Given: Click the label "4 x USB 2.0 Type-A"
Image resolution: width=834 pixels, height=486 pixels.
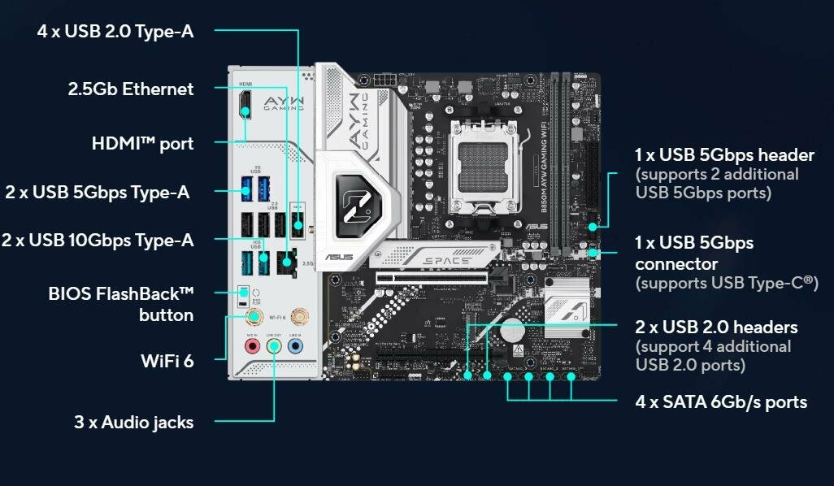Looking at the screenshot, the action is coord(115,32).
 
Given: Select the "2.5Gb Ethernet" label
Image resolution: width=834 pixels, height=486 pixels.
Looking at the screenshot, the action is coord(131,89).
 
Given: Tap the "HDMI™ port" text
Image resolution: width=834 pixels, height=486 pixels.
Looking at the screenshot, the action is coord(142,144).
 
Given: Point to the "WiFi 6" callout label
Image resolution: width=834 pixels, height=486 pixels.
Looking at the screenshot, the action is coord(167,360).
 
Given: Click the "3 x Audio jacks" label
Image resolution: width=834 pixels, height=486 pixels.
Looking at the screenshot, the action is coord(134,422).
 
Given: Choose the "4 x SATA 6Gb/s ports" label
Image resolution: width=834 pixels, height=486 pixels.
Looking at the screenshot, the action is coord(721,401).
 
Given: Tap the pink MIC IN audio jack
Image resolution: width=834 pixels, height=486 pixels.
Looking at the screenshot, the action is coord(253,346).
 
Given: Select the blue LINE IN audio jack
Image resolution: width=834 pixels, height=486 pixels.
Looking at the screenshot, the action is coord(296,346).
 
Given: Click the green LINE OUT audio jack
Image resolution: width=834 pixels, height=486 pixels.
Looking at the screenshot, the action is coord(275,346).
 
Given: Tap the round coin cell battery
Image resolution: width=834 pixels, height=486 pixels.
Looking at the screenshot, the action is coord(512,330).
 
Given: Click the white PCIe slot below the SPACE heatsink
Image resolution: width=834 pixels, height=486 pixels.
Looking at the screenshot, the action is coord(431,278).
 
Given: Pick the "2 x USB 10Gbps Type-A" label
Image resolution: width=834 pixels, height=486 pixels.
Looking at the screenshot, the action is coord(98,240).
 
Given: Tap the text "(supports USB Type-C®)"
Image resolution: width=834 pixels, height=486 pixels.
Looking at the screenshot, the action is coord(726,283).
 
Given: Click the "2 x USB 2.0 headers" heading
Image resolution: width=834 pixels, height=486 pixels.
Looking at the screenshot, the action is coord(716,328).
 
